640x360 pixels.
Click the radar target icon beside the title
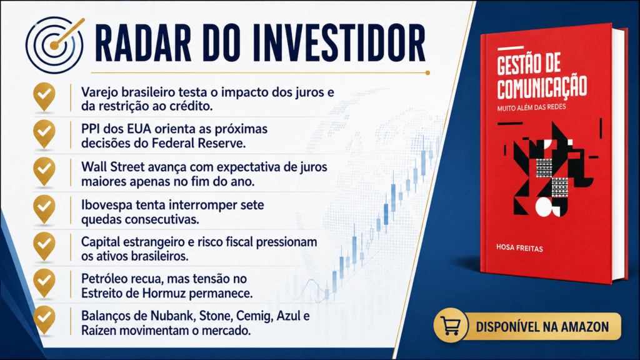(55, 45)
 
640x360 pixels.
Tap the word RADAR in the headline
(143, 44)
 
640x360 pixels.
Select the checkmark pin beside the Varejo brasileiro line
(44, 97)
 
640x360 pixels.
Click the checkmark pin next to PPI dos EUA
(44, 134)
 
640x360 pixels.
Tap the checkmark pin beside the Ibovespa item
(44, 209)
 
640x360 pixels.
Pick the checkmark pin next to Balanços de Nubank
(44, 321)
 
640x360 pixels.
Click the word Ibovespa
(106, 205)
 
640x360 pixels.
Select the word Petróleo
(107, 279)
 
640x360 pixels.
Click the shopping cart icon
(451, 325)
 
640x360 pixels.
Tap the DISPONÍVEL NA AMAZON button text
(542, 327)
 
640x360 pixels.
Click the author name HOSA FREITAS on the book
(519, 247)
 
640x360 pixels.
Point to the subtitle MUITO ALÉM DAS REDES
(531, 107)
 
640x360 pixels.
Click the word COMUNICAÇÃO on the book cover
(542, 87)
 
